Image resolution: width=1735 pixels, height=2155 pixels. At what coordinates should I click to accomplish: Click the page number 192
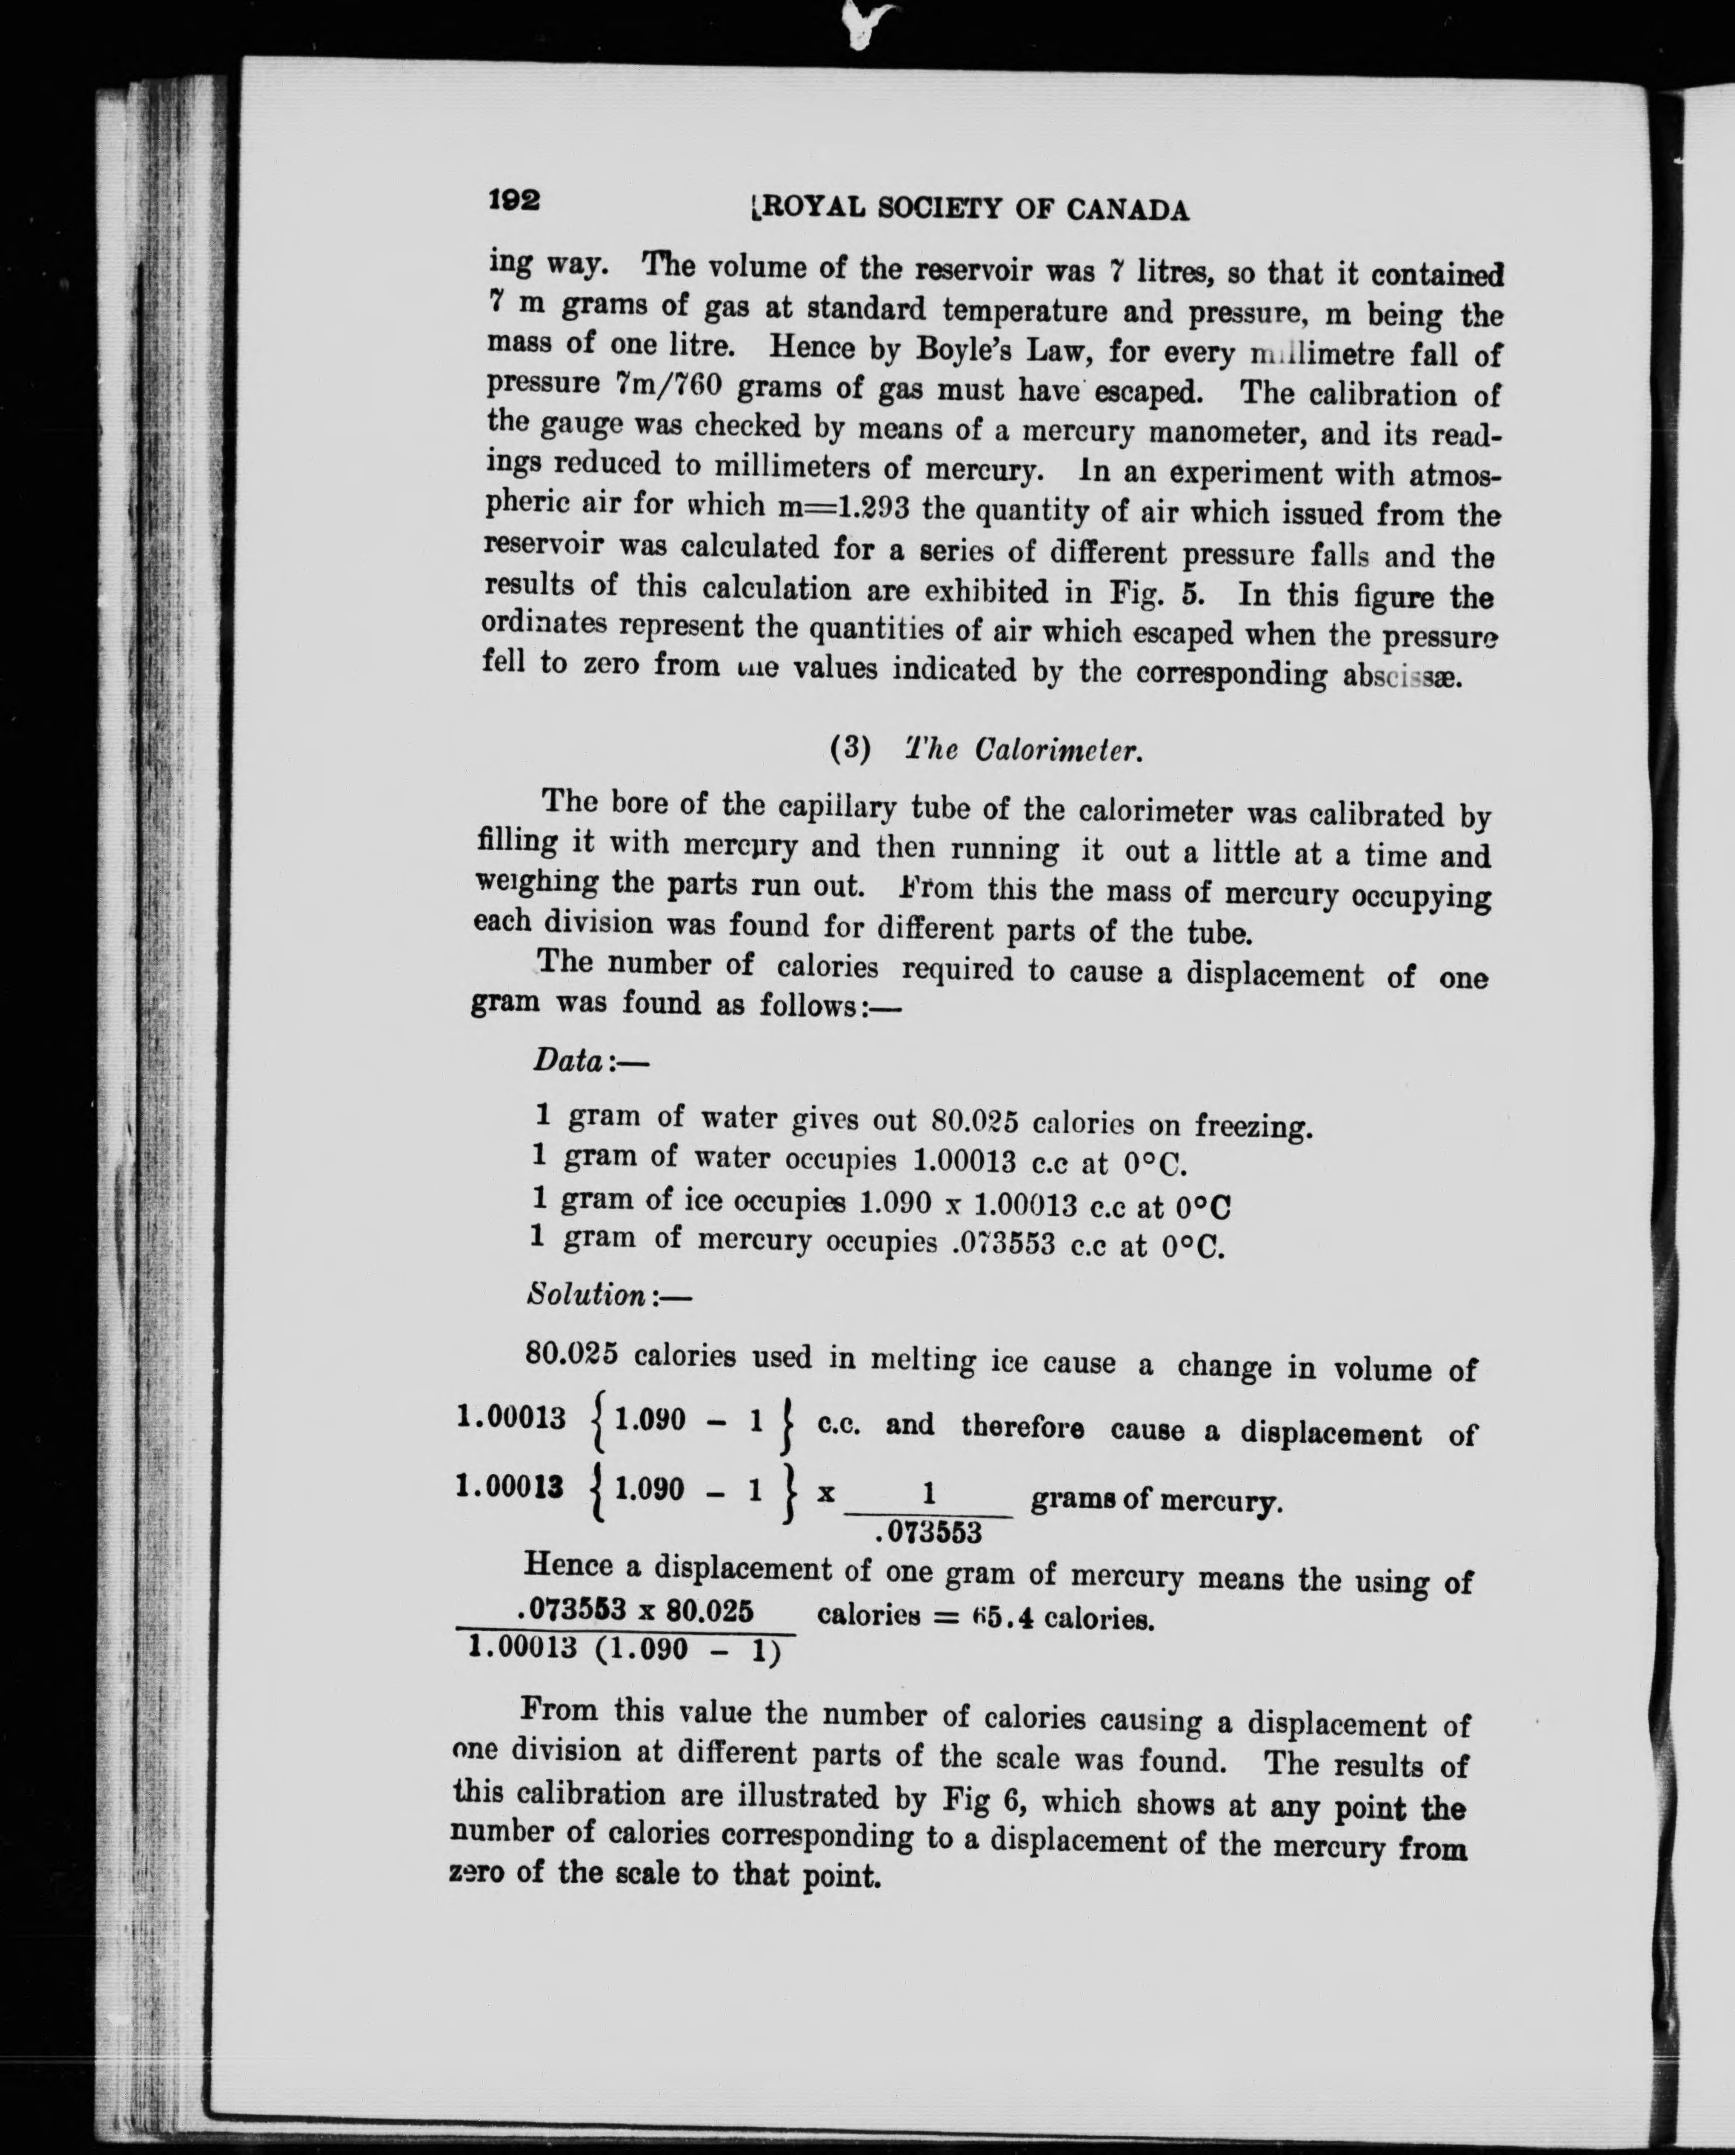[x=515, y=200]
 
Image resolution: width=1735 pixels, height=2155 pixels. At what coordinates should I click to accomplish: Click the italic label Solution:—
[x=607, y=1295]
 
